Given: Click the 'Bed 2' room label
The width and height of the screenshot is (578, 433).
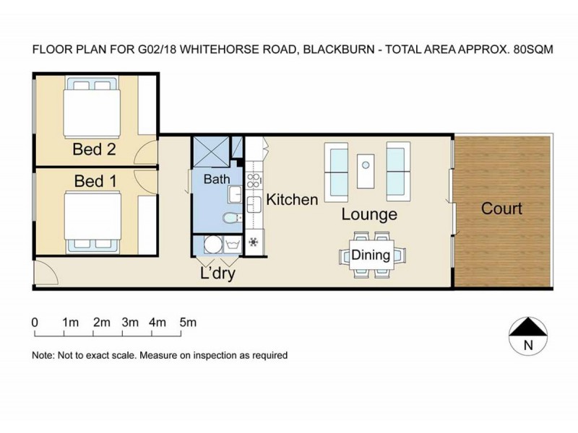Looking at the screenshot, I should pyautogui.click(x=95, y=150).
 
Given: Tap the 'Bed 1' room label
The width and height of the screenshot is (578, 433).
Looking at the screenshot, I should pyautogui.click(x=95, y=180).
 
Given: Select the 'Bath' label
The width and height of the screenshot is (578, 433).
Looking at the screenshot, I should pyautogui.click(x=216, y=178).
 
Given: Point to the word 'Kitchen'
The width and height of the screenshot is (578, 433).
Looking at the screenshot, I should pyautogui.click(x=292, y=200).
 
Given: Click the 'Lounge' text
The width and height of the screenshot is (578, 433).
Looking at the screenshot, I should pyautogui.click(x=369, y=214).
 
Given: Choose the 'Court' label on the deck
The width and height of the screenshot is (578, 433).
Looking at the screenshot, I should pyautogui.click(x=501, y=209).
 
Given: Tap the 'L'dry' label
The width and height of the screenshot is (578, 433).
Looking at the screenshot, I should pyautogui.click(x=217, y=274).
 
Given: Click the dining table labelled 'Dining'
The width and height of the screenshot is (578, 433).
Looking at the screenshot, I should pyautogui.click(x=370, y=255).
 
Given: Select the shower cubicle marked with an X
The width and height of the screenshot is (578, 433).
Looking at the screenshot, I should pyautogui.click(x=210, y=152).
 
